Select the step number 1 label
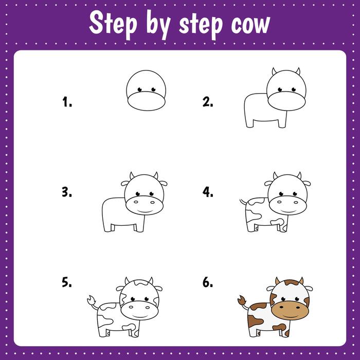pyautogui.click(x=67, y=102)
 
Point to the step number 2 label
pyautogui.click(x=208, y=102)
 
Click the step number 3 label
pyautogui.click(x=67, y=192)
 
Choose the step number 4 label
pyautogui.click(x=208, y=192)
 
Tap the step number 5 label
pyautogui.click(x=67, y=282)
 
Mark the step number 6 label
pyautogui.click(x=208, y=282)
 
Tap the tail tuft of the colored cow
pyautogui.click(x=242, y=299)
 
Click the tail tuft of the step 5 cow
pyautogui.click(x=91, y=299)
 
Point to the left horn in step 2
pyautogui.click(x=275, y=70)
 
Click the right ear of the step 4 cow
pyautogui.click(x=308, y=183)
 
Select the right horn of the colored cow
pyautogui.click(x=302, y=281)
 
